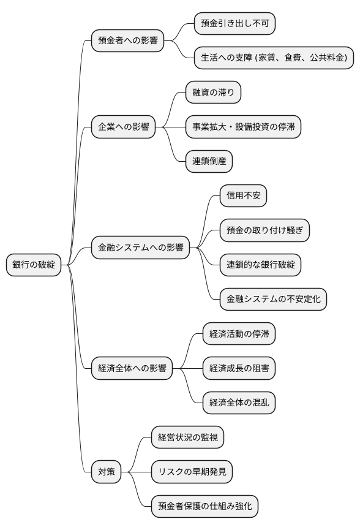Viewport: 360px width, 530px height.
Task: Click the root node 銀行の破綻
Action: [x=34, y=265]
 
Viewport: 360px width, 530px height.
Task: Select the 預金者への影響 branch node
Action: [x=127, y=42]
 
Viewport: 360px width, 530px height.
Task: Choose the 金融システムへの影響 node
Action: [x=140, y=248]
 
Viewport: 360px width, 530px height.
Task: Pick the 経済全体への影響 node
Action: [x=132, y=369]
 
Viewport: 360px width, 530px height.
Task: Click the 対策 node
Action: [x=106, y=472]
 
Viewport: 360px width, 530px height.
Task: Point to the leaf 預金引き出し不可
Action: [x=234, y=24]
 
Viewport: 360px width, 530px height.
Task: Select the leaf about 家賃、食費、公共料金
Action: [x=274, y=58]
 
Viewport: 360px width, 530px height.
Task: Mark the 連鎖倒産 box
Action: [x=209, y=161]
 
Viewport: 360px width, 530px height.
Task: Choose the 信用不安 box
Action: [x=243, y=196]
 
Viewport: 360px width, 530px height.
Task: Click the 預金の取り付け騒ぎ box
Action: [x=264, y=231]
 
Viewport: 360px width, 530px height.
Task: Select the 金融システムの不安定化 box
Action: [x=273, y=300]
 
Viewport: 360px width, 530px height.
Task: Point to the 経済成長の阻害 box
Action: [x=239, y=368]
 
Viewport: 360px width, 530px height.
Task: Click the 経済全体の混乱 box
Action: [x=239, y=403]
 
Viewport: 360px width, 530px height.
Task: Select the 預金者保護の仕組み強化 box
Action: [x=204, y=506]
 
